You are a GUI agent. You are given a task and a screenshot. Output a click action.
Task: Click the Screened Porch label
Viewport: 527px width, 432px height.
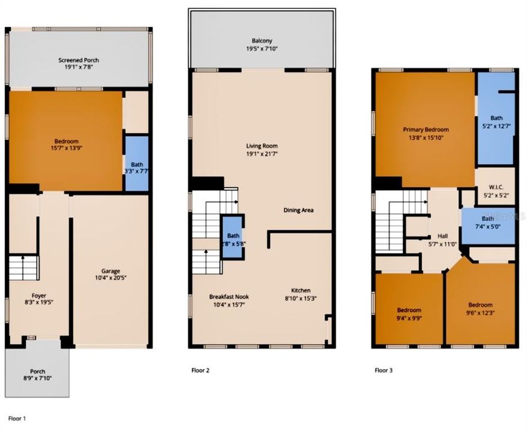79,60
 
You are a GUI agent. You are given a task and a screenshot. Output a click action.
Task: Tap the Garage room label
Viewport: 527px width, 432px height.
111,270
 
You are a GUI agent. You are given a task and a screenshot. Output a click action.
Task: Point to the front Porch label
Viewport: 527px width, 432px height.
37,371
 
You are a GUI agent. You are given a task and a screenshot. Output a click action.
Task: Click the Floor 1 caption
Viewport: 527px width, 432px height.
17,418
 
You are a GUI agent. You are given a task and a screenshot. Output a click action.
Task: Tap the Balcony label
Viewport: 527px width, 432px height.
262,41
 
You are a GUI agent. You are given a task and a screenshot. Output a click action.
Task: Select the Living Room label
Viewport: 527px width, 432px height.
262,146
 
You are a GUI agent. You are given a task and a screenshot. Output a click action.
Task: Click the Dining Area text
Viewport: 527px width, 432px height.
298,210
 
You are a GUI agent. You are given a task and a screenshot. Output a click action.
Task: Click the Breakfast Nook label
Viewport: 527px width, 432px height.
229,296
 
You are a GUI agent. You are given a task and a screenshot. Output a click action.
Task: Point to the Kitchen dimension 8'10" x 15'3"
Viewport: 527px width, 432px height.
297,298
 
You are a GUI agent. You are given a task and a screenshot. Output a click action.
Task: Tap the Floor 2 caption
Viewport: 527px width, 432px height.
200,370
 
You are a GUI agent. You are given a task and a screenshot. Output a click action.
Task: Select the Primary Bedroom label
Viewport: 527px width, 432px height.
426,129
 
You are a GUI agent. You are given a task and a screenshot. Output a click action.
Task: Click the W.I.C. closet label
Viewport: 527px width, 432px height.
495,187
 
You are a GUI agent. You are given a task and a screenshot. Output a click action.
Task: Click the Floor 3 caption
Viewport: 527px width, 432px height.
384,370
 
